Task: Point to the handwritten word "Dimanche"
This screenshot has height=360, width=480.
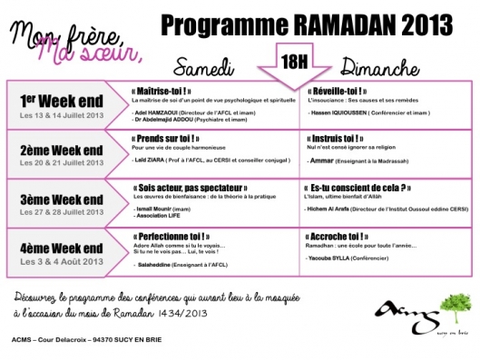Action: point(373,67)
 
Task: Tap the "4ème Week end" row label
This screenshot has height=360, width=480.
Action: point(56,244)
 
